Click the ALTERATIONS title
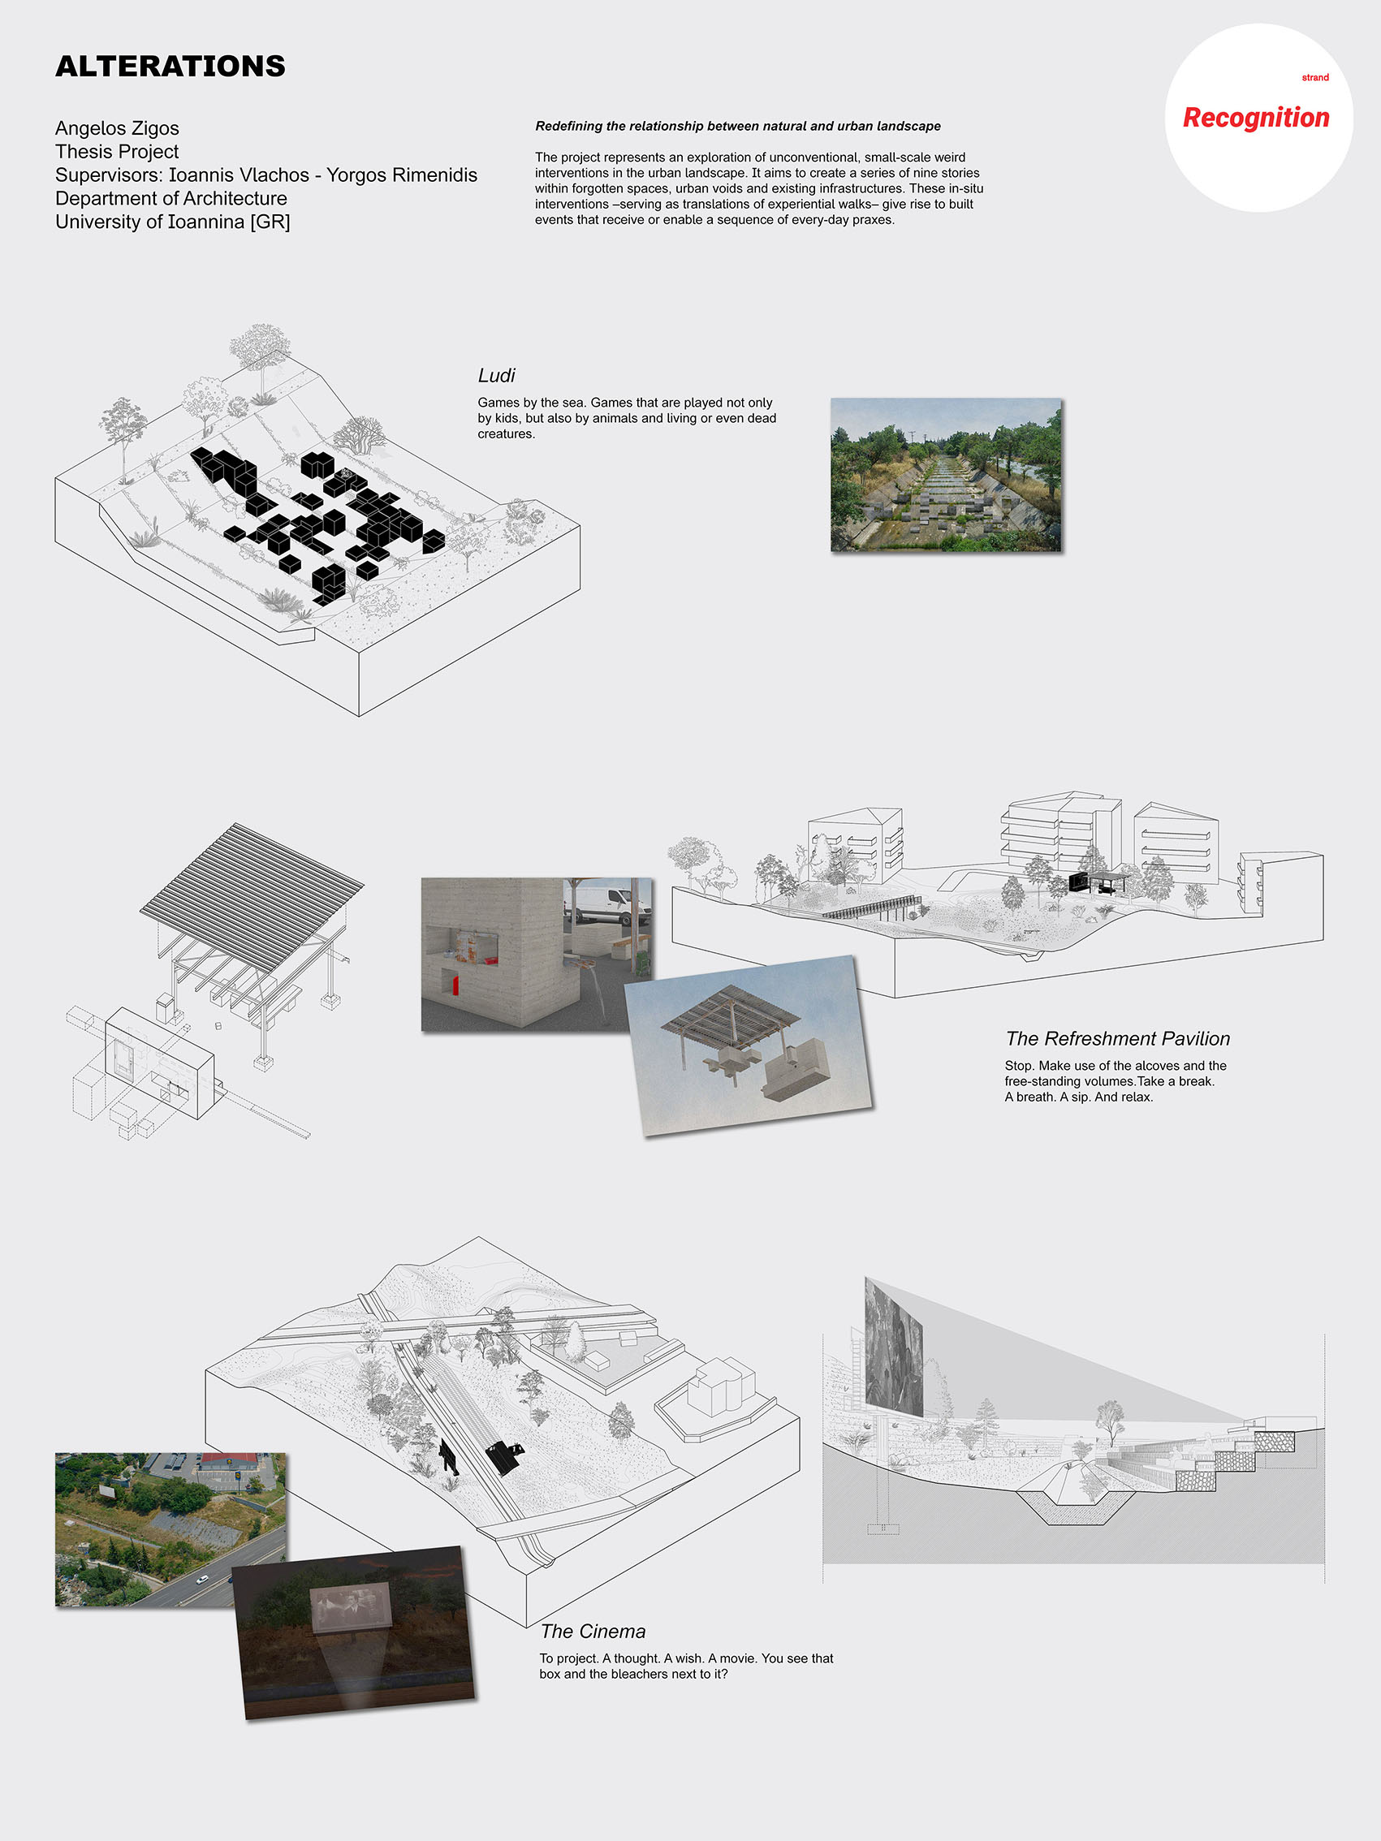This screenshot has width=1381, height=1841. (x=170, y=66)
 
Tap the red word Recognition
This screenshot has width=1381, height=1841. (x=1255, y=119)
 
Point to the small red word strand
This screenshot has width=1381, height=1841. (x=1315, y=77)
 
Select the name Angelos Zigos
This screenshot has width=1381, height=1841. (x=118, y=128)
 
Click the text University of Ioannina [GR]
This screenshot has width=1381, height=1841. (x=172, y=222)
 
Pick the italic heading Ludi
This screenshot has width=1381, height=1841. (x=496, y=375)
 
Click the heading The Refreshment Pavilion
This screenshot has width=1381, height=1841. (x=1117, y=1039)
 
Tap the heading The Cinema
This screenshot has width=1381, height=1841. (x=593, y=1632)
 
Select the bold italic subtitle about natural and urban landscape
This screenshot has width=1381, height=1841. (x=737, y=127)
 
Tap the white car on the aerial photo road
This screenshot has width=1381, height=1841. (x=201, y=1579)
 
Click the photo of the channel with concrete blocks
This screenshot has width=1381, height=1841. (x=946, y=474)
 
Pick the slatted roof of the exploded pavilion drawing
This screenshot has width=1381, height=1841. (x=252, y=890)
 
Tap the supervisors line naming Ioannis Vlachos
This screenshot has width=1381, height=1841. (x=266, y=175)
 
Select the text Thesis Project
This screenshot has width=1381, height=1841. (x=117, y=152)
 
